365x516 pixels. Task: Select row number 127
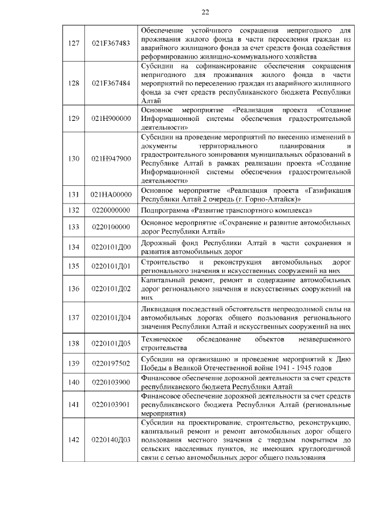[74, 43]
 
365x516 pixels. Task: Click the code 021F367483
[111, 43]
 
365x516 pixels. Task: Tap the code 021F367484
[111, 83]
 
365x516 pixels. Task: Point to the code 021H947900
[111, 158]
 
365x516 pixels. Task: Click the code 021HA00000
[111, 194]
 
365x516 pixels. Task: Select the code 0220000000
[111, 210]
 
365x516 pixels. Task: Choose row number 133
[74, 227]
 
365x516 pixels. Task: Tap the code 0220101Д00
[111, 247]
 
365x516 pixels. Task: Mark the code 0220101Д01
[111, 266]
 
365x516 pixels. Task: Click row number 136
[74, 289]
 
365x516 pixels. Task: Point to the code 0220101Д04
[111, 318]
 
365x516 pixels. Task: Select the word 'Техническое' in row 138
[161, 339]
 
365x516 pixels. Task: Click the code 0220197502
[111, 363]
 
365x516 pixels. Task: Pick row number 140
[74, 382]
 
